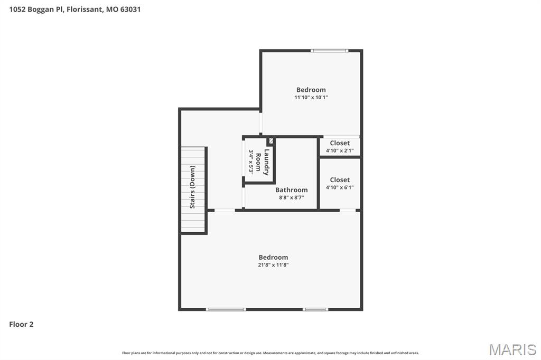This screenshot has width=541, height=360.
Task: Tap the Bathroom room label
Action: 291,190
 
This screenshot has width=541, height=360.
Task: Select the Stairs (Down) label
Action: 192,187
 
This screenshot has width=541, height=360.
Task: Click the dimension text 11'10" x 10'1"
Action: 311,98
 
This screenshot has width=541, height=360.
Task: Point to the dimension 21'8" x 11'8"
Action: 273,265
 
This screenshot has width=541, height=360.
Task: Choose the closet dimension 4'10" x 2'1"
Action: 340,150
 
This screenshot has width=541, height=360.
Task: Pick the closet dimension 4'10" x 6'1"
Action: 340,187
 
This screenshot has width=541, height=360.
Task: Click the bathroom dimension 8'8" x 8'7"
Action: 291,198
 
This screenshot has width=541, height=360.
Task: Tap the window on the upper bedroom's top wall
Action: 329,51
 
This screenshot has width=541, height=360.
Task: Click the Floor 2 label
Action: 21,325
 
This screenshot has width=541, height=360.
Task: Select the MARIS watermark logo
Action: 512,349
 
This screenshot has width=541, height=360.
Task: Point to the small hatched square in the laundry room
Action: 270,141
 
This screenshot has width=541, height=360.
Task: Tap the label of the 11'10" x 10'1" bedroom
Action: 311,90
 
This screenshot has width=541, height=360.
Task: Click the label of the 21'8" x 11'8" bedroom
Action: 273,258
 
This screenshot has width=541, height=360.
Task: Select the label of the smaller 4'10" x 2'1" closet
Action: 340,143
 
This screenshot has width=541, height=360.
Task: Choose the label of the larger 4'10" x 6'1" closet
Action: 340,180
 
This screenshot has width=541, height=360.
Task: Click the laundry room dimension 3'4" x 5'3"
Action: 251,162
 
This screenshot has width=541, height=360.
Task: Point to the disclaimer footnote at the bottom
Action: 270,353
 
